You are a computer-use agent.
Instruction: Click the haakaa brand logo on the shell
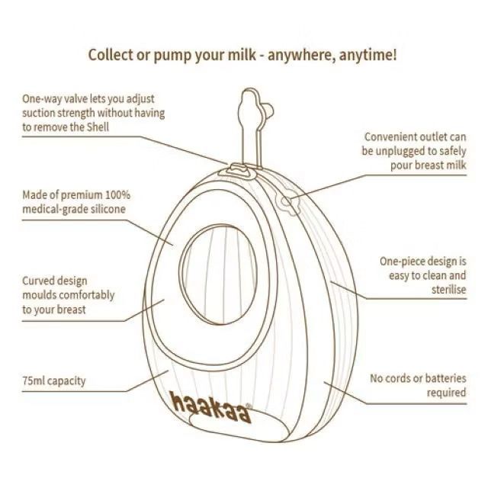(210, 406)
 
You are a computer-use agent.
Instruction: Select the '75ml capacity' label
(54, 380)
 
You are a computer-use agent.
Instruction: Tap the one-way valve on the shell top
(236, 172)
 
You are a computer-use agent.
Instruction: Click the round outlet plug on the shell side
(290, 203)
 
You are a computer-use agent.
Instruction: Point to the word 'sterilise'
(449, 290)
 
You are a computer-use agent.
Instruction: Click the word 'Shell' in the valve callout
(98, 127)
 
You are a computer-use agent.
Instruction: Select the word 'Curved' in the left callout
(37, 281)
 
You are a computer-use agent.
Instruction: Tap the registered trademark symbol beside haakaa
(249, 406)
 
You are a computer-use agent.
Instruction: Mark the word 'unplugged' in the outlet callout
(400, 151)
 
